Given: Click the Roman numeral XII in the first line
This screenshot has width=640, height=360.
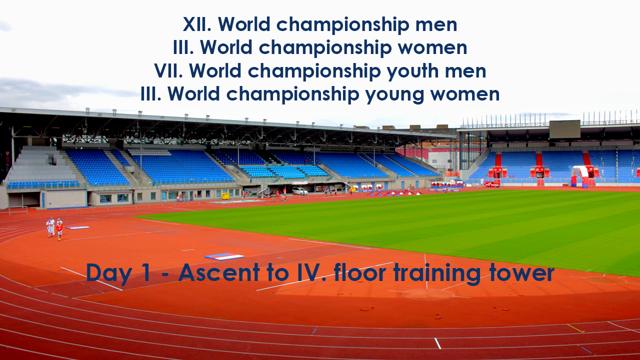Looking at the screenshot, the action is tap(197, 24).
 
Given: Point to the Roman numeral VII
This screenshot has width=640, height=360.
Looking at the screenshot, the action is tap(168, 71).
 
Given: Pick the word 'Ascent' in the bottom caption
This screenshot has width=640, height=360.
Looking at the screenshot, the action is tap(219, 273).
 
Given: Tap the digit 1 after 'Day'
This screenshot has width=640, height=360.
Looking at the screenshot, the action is tap(145, 272).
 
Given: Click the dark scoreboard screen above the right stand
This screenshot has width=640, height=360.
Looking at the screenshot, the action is tap(564, 129).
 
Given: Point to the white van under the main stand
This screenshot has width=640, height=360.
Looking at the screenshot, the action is tap(299, 191).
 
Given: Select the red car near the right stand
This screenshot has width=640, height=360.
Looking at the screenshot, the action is tap(491, 184).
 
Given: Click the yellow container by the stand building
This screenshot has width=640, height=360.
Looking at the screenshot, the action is tap(225, 196).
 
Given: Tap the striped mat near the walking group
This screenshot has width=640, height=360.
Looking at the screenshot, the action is tap(77, 227).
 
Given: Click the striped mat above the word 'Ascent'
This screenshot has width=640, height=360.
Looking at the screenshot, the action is tap(224, 256).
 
